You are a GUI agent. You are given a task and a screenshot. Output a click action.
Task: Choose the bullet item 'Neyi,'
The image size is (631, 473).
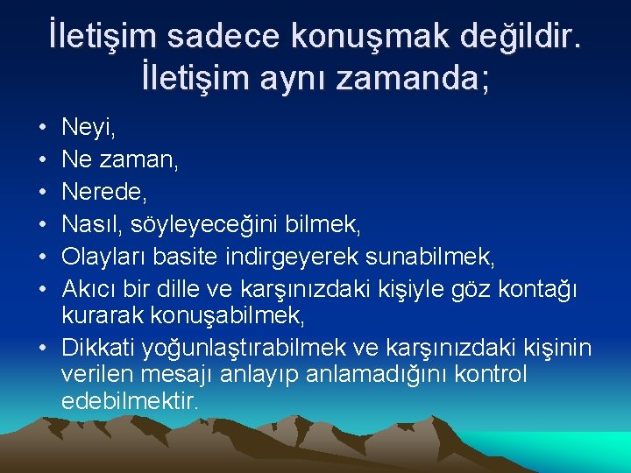(x=89, y=131)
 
